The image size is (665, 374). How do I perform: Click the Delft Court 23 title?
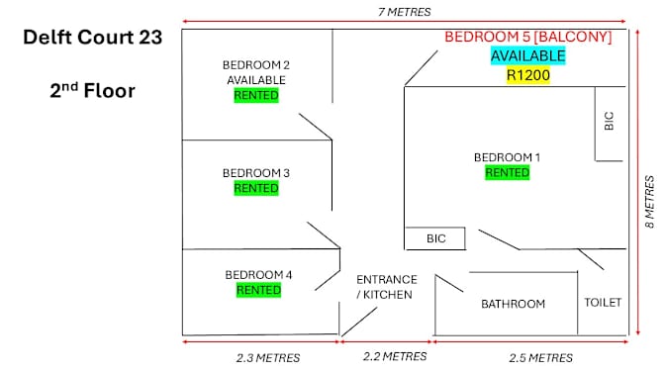coord(92,38)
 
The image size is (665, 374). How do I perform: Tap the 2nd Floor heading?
coord(92,90)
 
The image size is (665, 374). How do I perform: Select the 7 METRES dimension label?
coord(404,12)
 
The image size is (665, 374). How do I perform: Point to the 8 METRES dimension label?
coord(649,202)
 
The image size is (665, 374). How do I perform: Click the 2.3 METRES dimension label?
coord(268,358)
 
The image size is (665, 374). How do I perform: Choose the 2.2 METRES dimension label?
coord(395,356)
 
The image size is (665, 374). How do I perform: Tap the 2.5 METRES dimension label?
coord(540,358)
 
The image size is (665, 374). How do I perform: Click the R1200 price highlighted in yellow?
coord(528,75)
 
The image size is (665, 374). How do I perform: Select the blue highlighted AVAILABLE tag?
coord(528,56)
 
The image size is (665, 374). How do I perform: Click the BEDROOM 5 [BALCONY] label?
coord(528,37)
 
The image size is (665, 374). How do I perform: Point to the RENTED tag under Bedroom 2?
coord(256,95)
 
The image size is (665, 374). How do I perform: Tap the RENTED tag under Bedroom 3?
coord(256,188)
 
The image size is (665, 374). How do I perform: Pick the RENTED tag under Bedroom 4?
coord(258,290)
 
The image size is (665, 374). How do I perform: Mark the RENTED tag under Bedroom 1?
coord(508,172)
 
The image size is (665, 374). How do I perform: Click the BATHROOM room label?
coord(514,304)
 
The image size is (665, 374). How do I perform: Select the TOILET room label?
coord(603,303)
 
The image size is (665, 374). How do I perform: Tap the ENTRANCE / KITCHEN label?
coord(387,287)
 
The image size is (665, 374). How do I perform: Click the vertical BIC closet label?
coord(609,121)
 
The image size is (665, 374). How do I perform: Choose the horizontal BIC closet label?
coord(436,238)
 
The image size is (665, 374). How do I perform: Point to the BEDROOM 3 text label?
coord(256,173)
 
